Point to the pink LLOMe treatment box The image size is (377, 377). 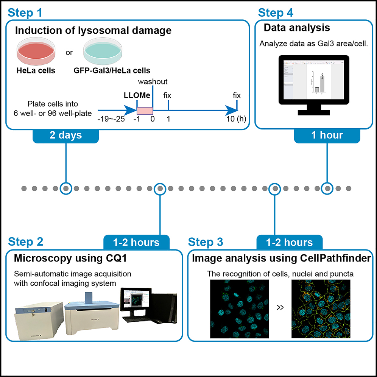[x=145, y=111]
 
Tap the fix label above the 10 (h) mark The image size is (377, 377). [x=237, y=95]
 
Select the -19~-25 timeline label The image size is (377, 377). [x=109, y=119]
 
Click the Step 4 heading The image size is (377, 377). [x=275, y=12]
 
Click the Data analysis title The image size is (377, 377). [x=297, y=28]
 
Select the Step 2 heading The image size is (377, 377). [x=25, y=241]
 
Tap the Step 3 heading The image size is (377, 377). [x=206, y=241]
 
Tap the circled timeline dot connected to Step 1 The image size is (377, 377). [x=66, y=188]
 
